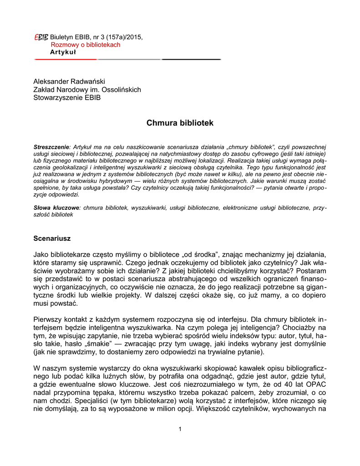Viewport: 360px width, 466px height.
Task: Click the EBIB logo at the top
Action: tap(41, 37)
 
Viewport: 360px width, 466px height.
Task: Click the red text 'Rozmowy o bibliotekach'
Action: tap(86, 45)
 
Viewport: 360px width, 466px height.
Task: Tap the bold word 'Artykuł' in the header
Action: tap(63, 52)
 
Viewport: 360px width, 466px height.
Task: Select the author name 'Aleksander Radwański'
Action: tap(69, 81)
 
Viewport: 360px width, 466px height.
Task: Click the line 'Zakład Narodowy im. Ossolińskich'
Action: tap(87, 89)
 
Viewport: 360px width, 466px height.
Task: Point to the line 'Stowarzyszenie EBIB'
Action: tap(67, 97)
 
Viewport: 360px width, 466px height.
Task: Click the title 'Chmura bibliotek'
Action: tap(180, 123)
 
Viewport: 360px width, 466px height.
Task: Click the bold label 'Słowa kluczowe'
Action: tap(56, 208)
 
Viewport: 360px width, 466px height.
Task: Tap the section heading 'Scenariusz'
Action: tap(52, 238)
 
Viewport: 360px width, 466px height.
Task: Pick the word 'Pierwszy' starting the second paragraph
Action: tap(47, 319)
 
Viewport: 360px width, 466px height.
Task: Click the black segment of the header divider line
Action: tap(191, 59)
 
